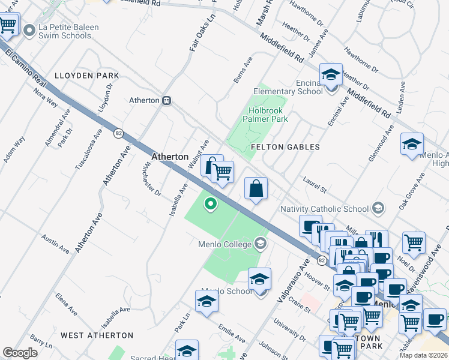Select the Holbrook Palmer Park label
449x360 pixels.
pos(265,115)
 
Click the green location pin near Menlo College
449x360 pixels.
pos(210,204)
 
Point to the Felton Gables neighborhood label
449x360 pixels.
pos(285,146)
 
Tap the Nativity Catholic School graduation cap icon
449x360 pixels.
pos(378,209)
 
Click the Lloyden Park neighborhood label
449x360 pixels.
pos(86,76)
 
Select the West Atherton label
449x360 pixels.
pos(97,335)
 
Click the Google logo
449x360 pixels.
pos(20,353)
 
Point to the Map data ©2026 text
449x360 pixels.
pos(423,355)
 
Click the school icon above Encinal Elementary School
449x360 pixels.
pos(330,75)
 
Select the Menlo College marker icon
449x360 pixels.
pos(261,244)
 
